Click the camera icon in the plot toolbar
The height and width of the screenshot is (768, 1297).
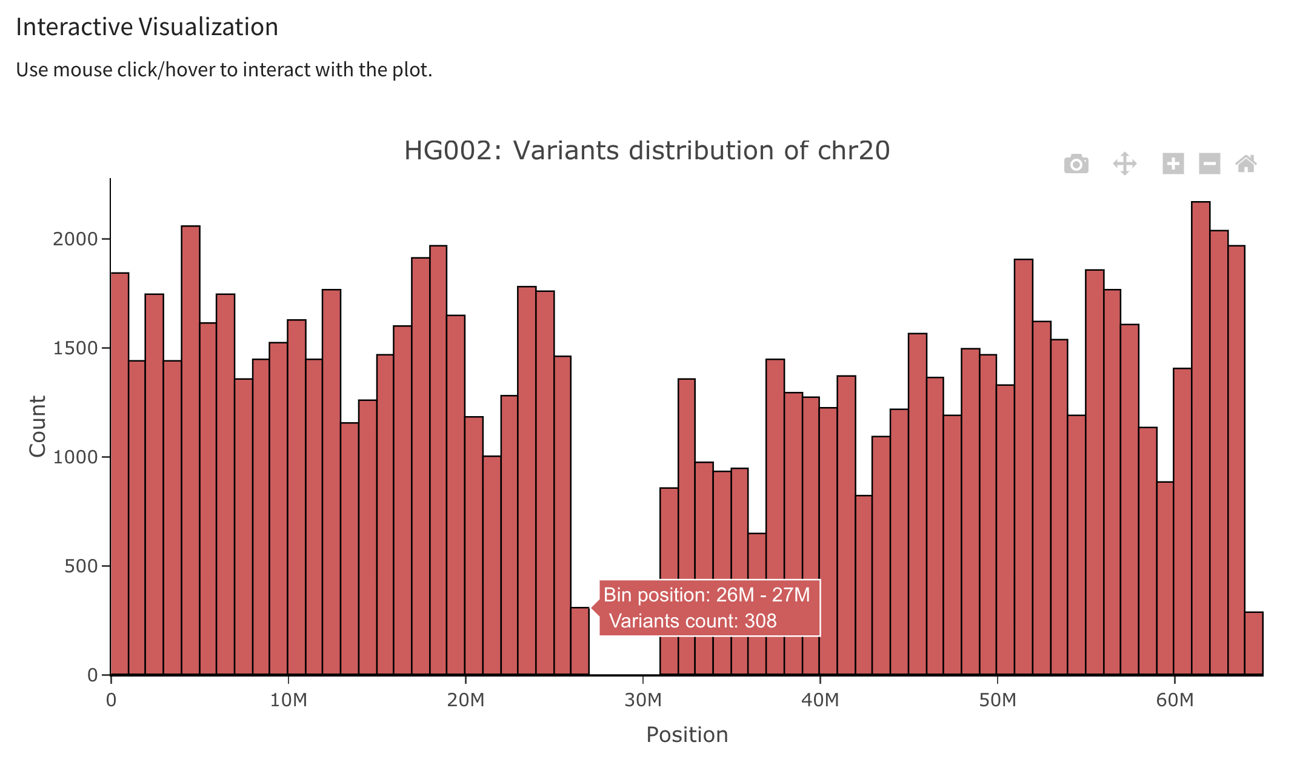coord(1076,164)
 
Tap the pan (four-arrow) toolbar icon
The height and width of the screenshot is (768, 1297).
coord(1124,164)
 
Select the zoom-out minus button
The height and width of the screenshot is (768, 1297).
coord(1209,164)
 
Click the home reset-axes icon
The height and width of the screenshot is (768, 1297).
coord(1246,164)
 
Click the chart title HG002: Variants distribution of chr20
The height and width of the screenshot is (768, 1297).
coord(647,150)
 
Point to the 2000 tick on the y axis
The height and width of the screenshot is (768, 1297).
coord(75,239)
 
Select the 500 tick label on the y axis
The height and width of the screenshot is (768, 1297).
coord(81,566)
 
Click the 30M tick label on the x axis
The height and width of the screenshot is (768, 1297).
coord(642,700)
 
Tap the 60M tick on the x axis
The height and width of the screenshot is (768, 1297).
coord(1174,700)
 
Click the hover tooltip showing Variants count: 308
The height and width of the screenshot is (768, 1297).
coord(709,608)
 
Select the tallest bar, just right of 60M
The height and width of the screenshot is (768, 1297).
coord(1201,436)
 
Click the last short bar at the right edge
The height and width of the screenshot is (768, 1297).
coord(1254,643)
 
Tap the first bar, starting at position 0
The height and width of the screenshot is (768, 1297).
coord(119,472)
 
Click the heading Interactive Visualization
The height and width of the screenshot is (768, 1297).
coord(147,27)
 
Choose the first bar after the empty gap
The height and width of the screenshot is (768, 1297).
coord(669,581)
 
